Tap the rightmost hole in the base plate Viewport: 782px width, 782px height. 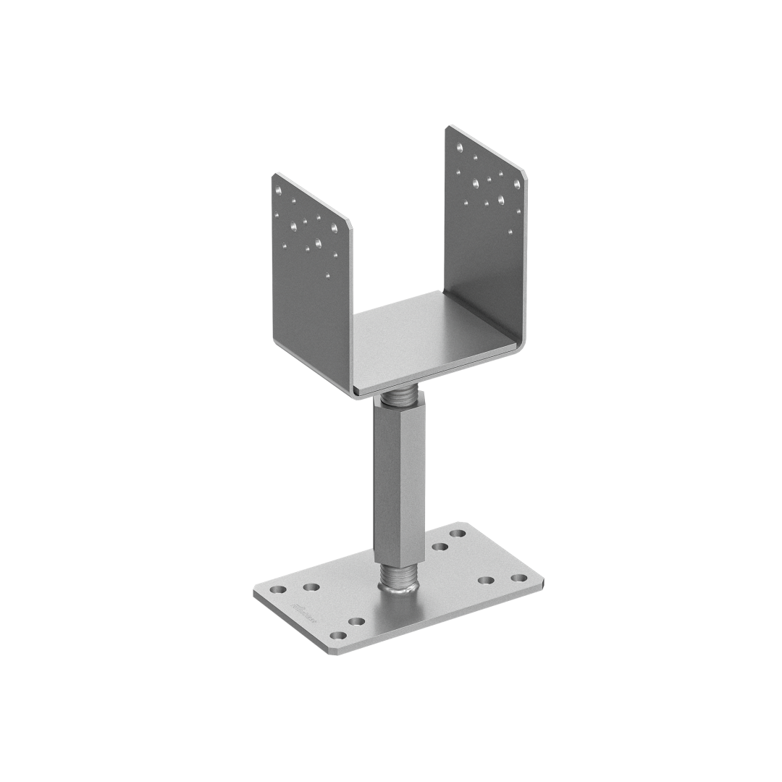(x=518, y=579)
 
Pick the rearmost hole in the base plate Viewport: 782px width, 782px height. (x=458, y=534)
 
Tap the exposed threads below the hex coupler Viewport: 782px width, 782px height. (x=397, y=577)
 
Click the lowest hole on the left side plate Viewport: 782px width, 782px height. (x=328, y=275)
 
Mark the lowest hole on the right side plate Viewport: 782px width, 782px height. (x=510, y=232)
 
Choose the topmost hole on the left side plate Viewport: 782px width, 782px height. (x=281, y=190)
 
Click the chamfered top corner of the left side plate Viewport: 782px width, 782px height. (x=275, y=177)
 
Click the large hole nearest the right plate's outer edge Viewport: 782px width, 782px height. (x=516, y=182)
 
